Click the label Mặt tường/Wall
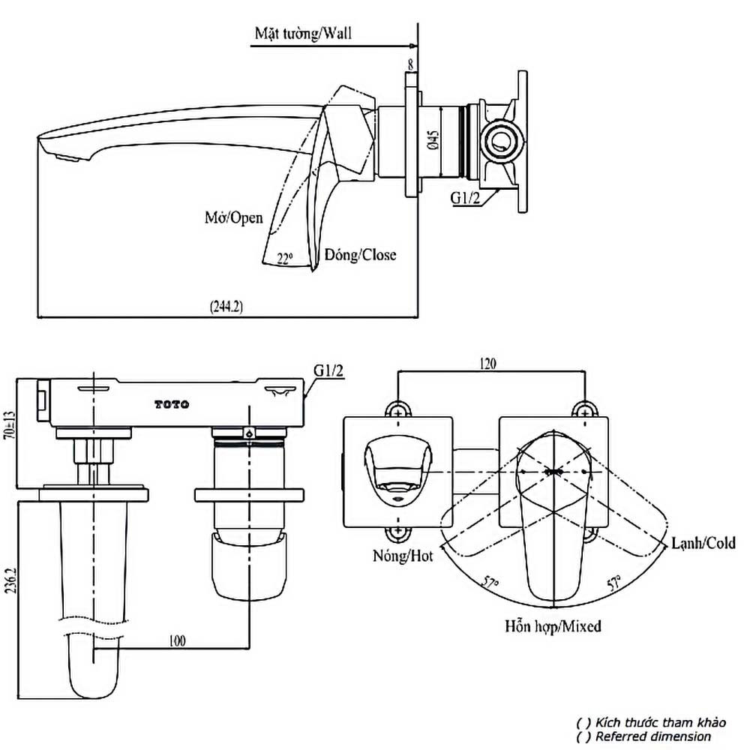point(303,33)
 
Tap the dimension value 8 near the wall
point(409,66)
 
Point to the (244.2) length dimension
point(226,306)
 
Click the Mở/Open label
point(234,217)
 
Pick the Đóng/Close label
point(360,254)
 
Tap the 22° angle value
point(284,258)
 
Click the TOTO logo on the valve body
point(172,405)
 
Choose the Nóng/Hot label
point(402,556)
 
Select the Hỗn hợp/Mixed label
point(553,625)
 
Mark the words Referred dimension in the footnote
point(652,736)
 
